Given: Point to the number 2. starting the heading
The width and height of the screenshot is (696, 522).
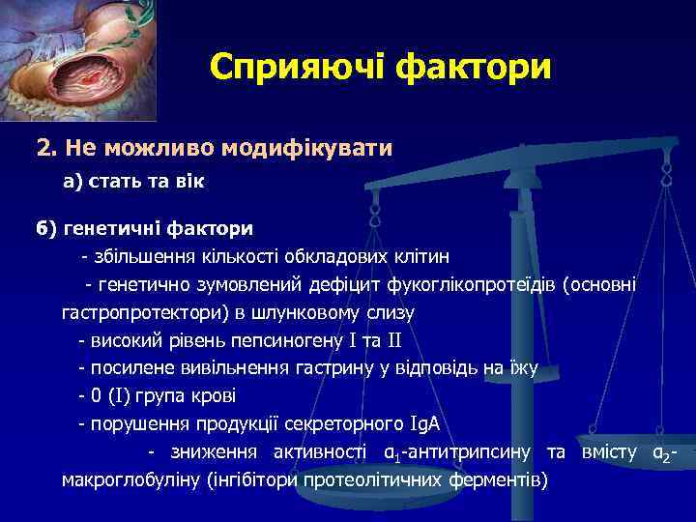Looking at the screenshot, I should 44,148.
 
